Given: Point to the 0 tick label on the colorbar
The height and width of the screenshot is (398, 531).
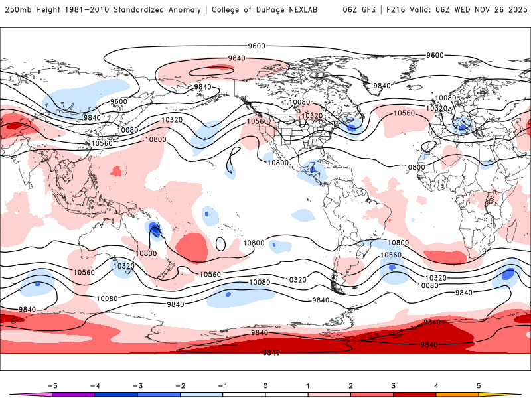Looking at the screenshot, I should [265, 385].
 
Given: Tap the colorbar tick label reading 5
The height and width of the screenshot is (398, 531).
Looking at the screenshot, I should [479, 385].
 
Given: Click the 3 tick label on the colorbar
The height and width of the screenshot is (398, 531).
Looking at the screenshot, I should [393, 385].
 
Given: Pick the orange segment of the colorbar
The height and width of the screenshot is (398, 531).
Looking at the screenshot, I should [457, 394].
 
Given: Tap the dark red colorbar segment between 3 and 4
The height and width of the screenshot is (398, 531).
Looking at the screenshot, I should [414, 394].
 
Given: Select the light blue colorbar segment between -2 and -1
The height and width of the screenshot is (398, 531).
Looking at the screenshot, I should [201, 394].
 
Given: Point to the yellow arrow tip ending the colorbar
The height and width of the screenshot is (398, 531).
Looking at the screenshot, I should [511, 394].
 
